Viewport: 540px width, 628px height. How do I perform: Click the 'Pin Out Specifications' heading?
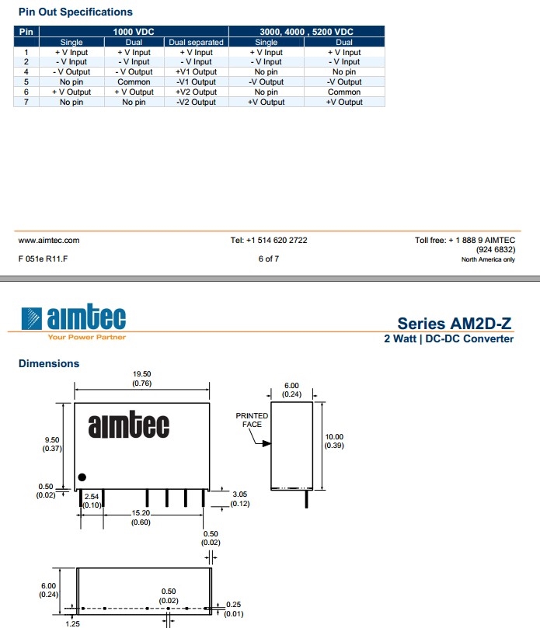75,12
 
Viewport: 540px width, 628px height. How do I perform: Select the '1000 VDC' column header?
134,31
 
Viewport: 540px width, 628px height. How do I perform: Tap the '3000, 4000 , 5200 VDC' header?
306,31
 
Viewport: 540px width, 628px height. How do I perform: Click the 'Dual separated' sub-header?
196,42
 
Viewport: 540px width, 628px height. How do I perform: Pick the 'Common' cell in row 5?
134,82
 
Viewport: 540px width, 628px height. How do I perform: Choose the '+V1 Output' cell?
196,71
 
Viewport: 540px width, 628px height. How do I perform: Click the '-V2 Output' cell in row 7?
196,102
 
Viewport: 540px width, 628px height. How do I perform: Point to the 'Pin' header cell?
26,31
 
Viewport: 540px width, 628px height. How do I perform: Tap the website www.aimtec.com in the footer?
48,240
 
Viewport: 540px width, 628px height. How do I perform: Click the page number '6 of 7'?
268,258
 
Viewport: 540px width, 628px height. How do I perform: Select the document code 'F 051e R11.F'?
43,258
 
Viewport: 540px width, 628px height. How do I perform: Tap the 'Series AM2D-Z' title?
455,324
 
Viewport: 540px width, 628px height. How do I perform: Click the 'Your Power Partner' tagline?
86,337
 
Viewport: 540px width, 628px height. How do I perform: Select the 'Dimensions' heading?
49,363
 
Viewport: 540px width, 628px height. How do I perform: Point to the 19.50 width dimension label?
142,374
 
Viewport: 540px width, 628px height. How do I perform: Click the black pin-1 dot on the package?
82,477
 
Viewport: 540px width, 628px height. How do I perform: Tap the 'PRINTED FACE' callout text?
252,420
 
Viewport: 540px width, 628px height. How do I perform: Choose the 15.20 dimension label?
142,514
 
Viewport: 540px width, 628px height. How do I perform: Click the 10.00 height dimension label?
333,437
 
